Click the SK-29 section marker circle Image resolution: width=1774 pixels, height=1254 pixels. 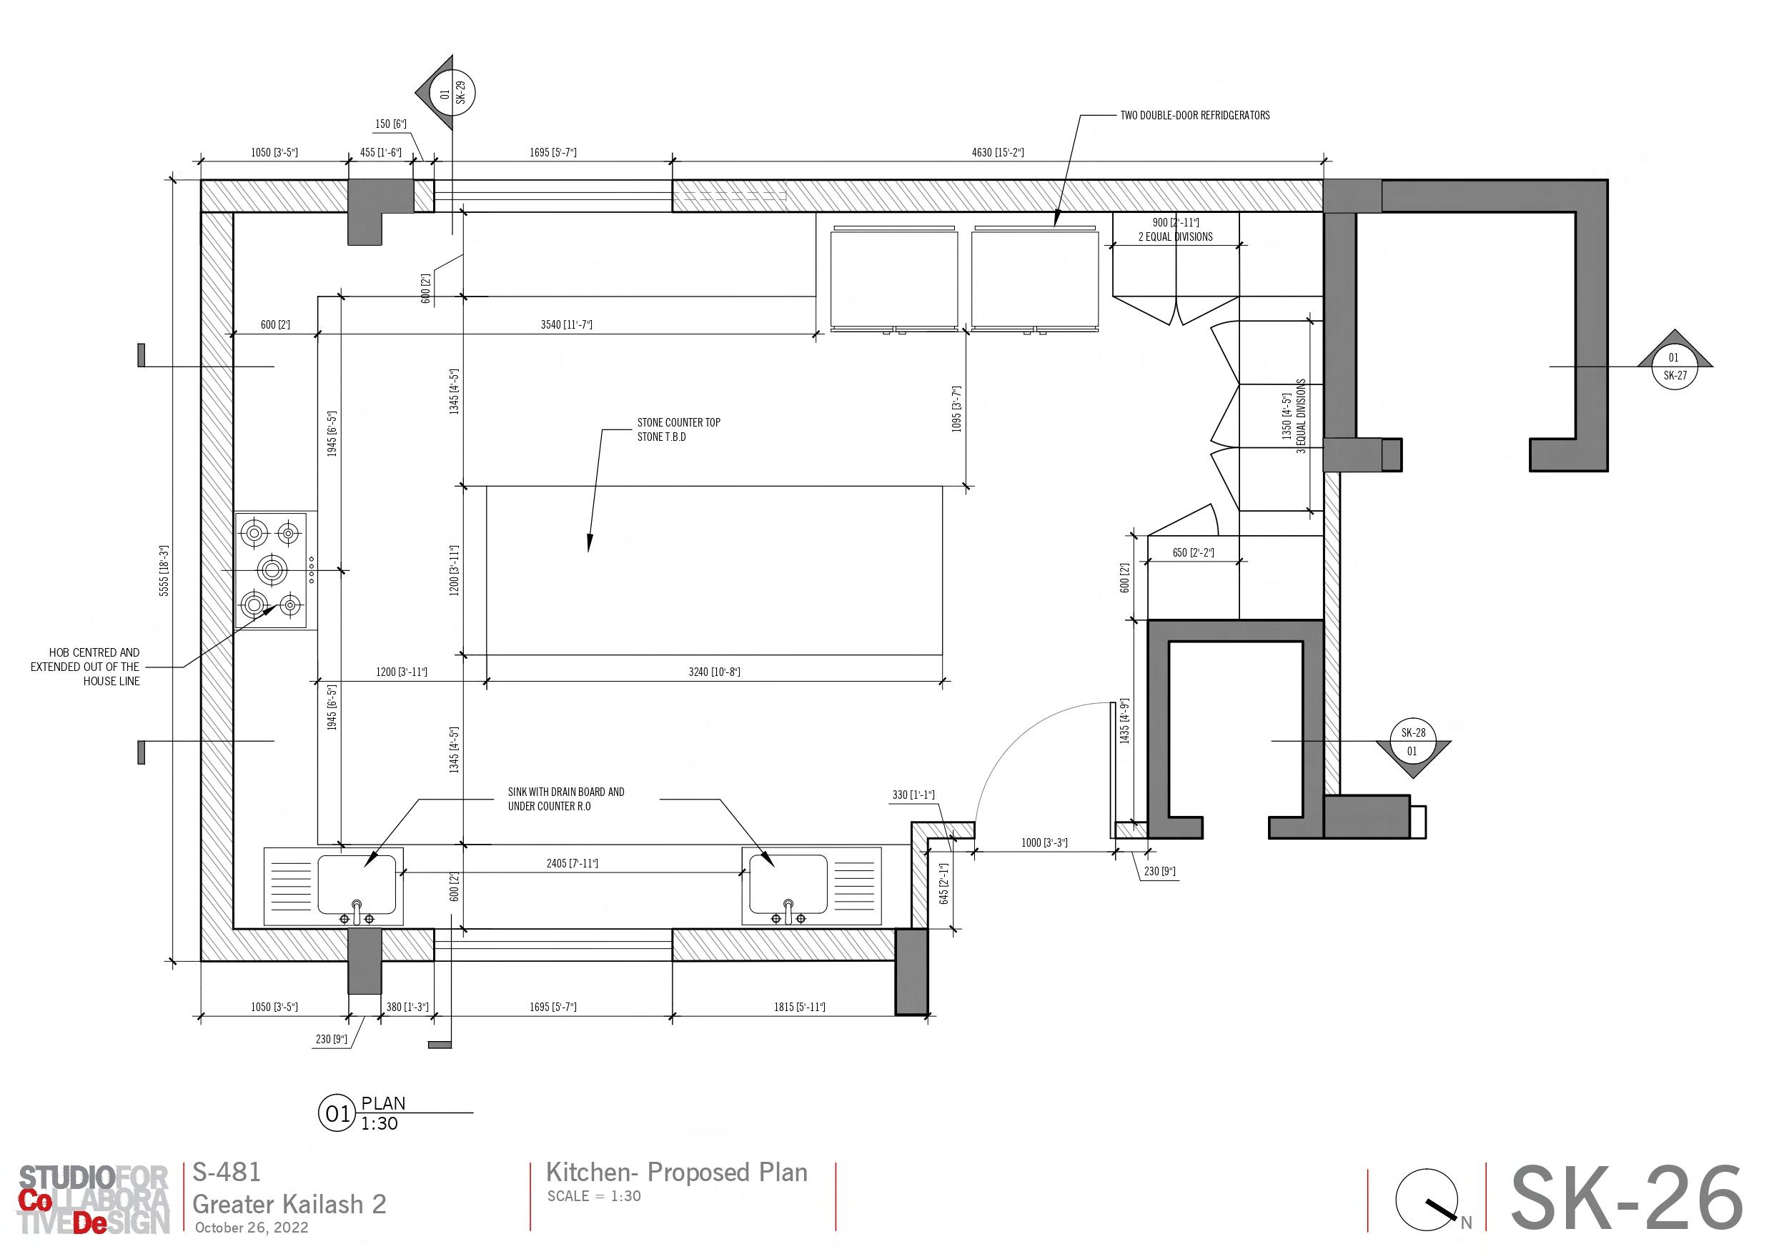pos(454,94)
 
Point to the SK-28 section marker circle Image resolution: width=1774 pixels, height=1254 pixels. pos(1412,742)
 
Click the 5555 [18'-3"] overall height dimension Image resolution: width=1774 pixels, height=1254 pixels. pos(164,571)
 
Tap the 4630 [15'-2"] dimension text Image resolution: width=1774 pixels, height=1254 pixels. pos(998,152)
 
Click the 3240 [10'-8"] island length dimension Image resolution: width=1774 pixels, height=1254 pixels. pos(714,672)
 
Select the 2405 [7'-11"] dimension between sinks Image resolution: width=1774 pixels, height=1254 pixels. pos(572,863)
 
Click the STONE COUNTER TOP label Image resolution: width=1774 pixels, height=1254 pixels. pos(678,422)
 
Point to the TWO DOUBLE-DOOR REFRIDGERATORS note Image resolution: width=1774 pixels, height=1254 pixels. pos(1194,115)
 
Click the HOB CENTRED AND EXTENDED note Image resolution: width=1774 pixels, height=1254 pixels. pos(85,666)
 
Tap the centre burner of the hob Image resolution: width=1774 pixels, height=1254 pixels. pos(271,570)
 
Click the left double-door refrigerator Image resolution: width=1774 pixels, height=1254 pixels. pos(894,278)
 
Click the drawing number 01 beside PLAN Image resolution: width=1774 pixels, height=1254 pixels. pos(337,1113)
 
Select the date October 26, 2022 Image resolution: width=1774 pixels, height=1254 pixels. pos(251,1227)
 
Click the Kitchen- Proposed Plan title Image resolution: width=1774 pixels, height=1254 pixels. pos(676,1172)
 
